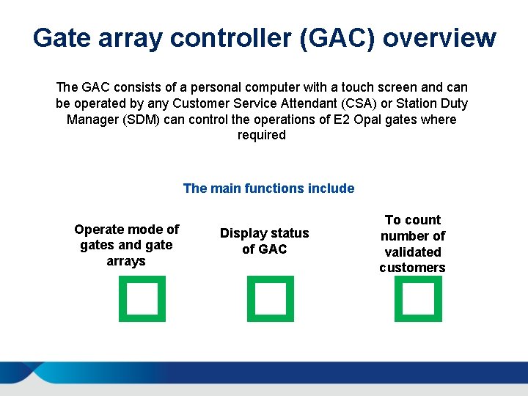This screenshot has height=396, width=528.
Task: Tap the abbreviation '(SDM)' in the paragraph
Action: [136, 120]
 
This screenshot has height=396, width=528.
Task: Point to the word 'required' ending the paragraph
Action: [261, 136]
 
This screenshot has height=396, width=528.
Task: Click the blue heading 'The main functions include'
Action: [268, 188]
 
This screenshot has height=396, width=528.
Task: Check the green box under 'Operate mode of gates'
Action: [142, 298]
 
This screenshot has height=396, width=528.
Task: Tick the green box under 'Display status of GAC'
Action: [271, 298]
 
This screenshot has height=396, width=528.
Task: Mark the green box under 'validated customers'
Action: [418, 298]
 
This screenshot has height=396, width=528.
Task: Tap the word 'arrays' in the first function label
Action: [126, 261]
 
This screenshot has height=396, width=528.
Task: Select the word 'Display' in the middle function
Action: [244, 233]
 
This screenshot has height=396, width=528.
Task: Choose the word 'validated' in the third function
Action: [413, 252]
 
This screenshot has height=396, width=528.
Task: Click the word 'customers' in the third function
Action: [412, 268]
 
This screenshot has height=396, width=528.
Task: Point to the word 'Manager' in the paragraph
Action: [92, 120]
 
